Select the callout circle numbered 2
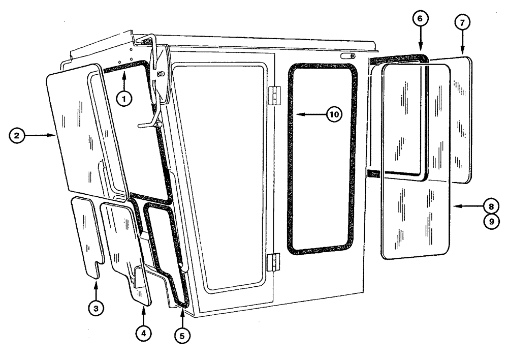click(17, 135)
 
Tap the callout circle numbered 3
click(94, 307)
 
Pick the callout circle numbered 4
click(143, 333)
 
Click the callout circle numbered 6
click(420, 19)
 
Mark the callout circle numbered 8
click(491, 206)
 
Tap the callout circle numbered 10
click(333, 114)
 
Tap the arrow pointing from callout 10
click(310, 114)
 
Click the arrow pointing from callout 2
click(41, 135)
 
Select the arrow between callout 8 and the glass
click(467, 206)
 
